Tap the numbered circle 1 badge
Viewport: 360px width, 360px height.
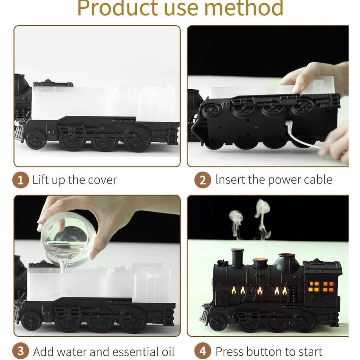20,180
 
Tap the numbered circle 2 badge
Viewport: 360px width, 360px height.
203,180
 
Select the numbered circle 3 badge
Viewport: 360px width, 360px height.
20,351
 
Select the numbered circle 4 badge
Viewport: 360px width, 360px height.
203,351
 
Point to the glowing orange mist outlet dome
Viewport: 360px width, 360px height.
260,262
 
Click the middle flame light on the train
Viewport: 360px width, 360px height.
259,291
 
